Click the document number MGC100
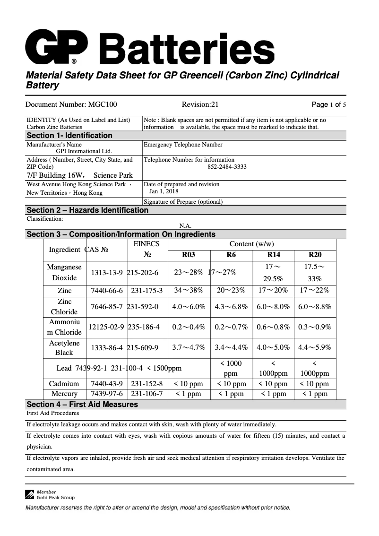click(71, 105)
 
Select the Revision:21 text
click(200, 105)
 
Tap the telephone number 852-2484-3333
click(227, 167)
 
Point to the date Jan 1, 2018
click(164, 191)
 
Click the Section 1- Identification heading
click(69, 136)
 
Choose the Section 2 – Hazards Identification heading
click(87, 210)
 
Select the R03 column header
click(189, 255)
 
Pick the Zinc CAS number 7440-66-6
click(107, 291)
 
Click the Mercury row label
click(64, 394)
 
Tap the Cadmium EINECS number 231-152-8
click(146, 384)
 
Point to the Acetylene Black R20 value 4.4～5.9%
click(315, 347)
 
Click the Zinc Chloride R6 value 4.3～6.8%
click(231, 306)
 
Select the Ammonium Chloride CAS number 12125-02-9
click(106, 327)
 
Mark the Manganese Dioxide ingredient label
click(64, 272)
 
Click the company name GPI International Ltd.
click(84, 151)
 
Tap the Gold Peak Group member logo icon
click(30, 494)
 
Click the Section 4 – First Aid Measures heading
click(82, 404)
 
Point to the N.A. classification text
click(185, 226)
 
